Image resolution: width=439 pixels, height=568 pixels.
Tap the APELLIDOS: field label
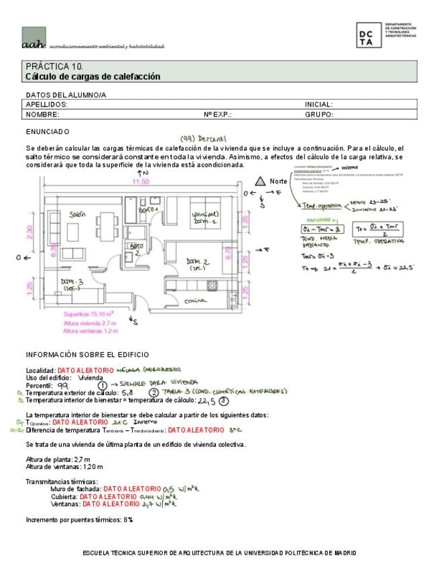click(x=46, y=104)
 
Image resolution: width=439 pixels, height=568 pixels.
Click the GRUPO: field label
click(x=319, y=115)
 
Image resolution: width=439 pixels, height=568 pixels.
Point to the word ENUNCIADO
click(x=48, y=131)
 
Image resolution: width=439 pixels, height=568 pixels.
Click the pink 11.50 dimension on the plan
click(x=140, y=182)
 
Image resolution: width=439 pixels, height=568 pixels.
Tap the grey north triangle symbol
click(x=260, y=181)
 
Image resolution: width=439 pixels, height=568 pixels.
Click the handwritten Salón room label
click(x=78, y=214)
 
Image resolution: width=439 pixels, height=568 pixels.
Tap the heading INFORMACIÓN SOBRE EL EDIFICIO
click(x=87, y=354)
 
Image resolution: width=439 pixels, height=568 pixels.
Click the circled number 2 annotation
click(x=153, y=393)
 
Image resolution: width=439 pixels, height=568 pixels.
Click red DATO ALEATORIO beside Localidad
click(x=86, y=370)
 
